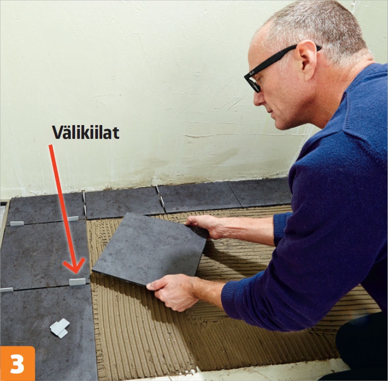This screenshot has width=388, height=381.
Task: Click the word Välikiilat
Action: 85,132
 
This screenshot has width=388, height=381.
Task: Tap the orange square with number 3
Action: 18,363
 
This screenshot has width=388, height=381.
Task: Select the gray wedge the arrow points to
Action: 78,281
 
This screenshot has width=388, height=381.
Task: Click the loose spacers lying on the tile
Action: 60,328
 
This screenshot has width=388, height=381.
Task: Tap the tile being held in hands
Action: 150,249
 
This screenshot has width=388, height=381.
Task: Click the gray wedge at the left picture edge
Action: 6,289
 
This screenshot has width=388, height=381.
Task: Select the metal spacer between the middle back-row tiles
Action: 160,198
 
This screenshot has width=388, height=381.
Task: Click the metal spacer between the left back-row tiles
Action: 85,204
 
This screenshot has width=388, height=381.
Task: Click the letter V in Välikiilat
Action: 58,132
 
